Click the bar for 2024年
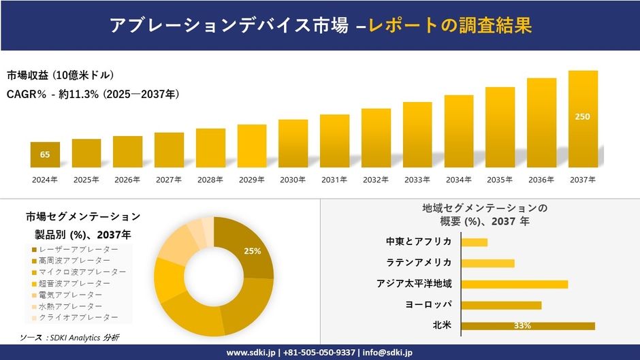[x=45, y=155]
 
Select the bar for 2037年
[x=583, y=119]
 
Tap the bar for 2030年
[x=293, y=144]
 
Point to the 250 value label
[x=583, y=116]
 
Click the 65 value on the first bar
[x=45, y=154]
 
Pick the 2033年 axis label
[x=417, y=180]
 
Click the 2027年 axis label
[x=169, y=180]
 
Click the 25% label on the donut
[x=253, y=251]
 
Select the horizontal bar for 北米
[x=528, y=325]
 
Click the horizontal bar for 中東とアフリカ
[x=474, y=242]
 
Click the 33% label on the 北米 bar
[x=522, y=325]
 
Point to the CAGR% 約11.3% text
[x=93, y=94]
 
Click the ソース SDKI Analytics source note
[x=69, y=338]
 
